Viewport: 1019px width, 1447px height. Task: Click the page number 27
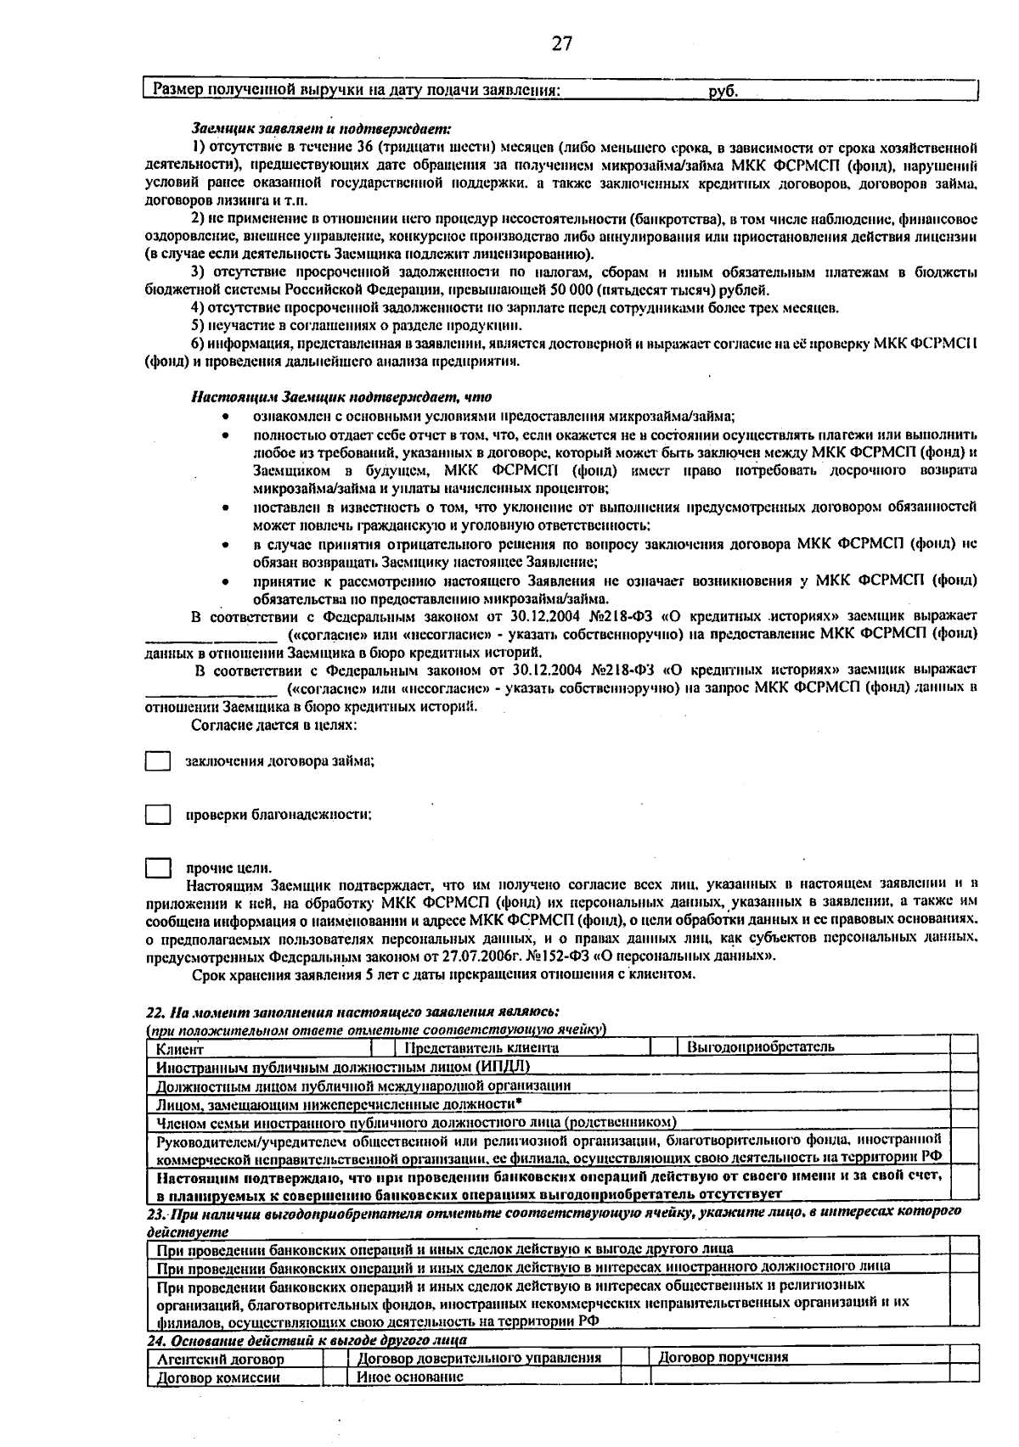pyautogui.click(x=561, y=44)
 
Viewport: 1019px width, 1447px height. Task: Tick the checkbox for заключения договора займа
pyautogui.click(x=157, y=761)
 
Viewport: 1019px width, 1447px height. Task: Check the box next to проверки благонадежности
pyautogui.click(x=157, y=815)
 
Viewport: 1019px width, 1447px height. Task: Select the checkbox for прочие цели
pyautogui.click(x=157, y=867)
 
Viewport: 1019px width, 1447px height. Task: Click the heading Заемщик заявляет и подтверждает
pyautogui.click(x=321, y=129)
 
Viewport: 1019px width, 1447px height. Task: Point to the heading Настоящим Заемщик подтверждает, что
pyautogui.click(x=341, y=396)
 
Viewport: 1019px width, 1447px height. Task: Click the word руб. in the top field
pyautogui.click(x=723, y=90)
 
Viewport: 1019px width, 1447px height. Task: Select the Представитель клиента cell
pyautogui.click(x=481, y=1047)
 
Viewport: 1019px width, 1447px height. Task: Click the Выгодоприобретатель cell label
pyautogui.click(x=760, y=1046)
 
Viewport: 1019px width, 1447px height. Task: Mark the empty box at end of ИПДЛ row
pyautogui.click(x=964, y=1066)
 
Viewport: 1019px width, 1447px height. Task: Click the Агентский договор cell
pyautogui.click(x=222, y=1359)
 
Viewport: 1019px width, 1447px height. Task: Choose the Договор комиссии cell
pyautogui.click(x=218, y=1377)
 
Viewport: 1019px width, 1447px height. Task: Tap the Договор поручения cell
pyautogui.click(x=723, y=1357)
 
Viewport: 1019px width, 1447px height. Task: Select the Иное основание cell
pyautogui.click(x=410, y=1377)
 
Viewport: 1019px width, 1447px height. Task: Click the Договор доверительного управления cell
pyautogui.click(x=479, y=1358)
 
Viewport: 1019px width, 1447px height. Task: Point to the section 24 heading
pyautogui.click(x=307, y=1340)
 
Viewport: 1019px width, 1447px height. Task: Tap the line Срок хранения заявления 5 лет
pyautogui.click(x=443, y=974)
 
